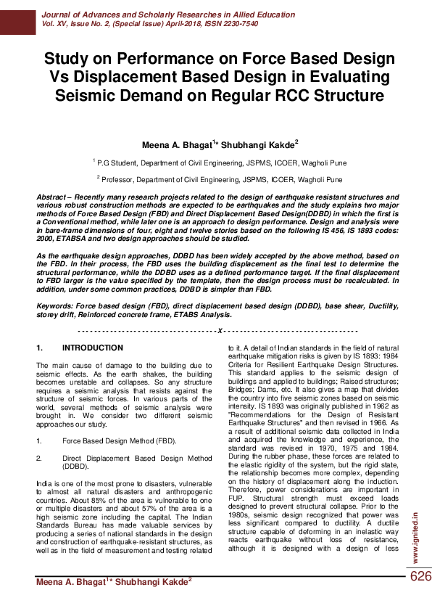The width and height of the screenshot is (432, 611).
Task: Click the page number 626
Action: click(x=420, y=576)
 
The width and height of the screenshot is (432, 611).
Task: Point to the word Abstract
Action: click(x=54, y=197)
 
